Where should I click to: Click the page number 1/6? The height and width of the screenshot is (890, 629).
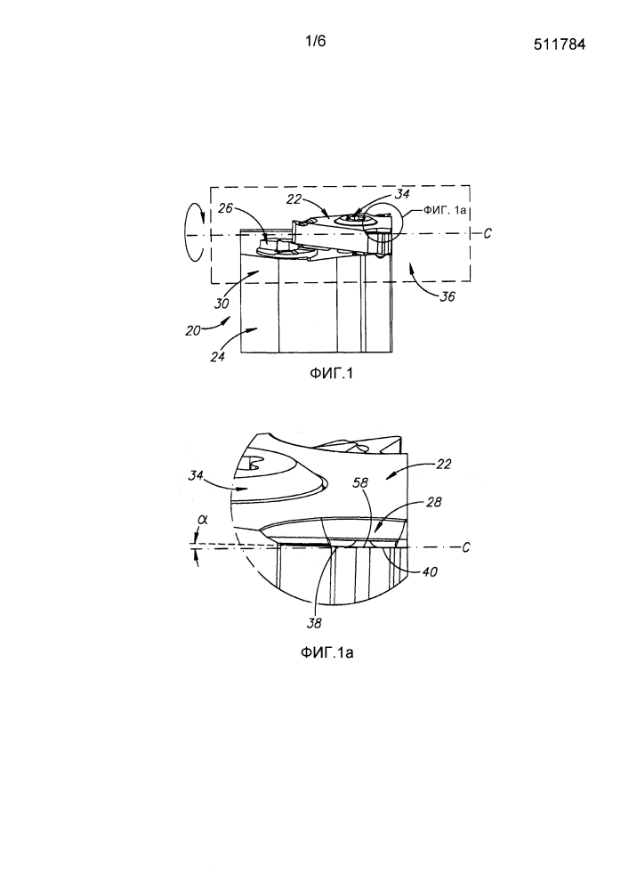coord(315,41)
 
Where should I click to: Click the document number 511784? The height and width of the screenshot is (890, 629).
coord(560,44)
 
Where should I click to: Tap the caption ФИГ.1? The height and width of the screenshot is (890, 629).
coord(331,374)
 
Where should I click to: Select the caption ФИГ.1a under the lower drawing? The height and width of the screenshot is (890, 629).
coord(327,652)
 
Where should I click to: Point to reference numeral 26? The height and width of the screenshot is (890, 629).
coord(226,208)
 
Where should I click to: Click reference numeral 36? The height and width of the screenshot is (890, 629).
coord(447,295)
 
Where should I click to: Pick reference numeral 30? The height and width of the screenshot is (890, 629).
coord(222,303)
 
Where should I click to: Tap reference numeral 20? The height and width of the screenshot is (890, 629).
coord(193,330)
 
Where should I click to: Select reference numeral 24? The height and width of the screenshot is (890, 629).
coord(217,357)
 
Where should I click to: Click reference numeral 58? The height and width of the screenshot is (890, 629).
coord(360,483)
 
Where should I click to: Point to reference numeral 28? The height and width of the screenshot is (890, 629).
coord(433,502)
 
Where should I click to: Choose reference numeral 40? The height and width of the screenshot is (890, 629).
coord(430,572)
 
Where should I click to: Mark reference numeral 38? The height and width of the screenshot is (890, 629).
coord(314,623)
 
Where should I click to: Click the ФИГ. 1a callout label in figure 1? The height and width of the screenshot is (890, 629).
coord(444,209)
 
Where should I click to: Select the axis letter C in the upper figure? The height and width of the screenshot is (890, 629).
coord(487,233)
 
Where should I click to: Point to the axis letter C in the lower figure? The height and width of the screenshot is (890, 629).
coord(465,547)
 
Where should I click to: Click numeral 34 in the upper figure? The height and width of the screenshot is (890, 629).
coord(402,195)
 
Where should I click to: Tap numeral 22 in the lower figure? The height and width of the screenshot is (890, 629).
coord(444,465)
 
